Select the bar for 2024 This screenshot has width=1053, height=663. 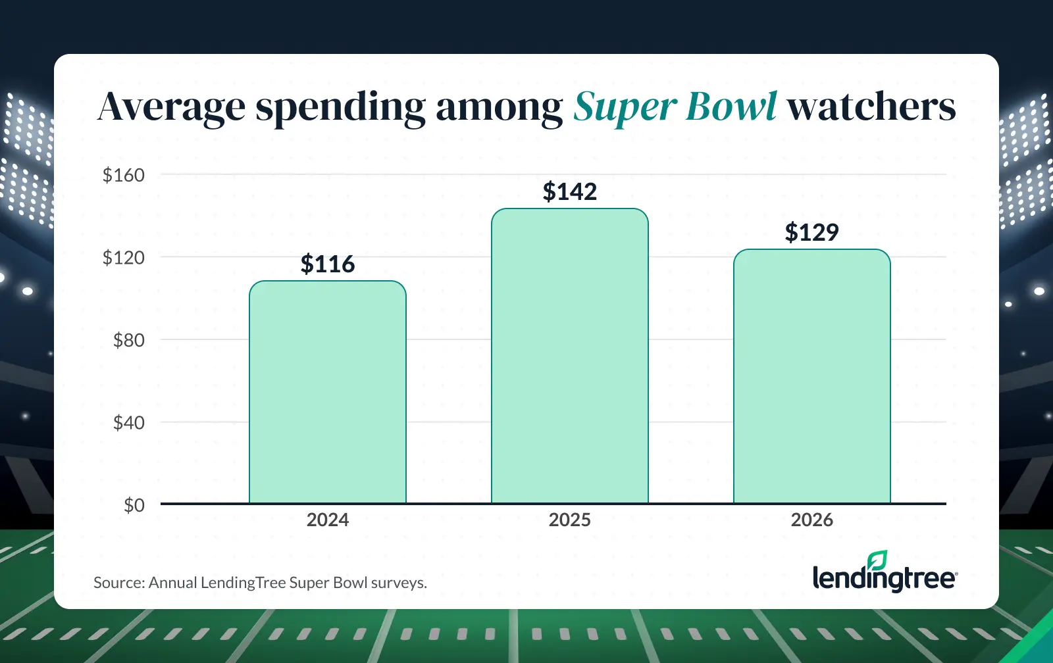point(328,393)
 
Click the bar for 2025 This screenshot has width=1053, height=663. point(570,356)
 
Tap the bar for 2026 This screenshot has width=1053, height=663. point(812,377)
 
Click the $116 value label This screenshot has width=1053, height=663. point(328,264)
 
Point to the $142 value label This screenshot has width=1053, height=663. point(570,191)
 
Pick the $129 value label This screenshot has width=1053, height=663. point(812,232)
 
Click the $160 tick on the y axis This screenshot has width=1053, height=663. point(124,175)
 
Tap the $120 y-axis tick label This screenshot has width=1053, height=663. point(124,257)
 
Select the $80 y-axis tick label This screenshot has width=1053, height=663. point(129,340)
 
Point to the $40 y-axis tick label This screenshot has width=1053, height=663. point(129,422)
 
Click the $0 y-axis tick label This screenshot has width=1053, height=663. point(134,505)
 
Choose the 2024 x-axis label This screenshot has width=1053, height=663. point(328,520)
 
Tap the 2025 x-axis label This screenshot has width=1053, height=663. point(570,520)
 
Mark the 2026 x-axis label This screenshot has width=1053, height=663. point(812,520)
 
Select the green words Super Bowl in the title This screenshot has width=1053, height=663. point(675,107)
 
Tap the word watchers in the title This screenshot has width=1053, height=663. point(871,107)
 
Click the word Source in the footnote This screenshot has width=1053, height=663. point(118,582)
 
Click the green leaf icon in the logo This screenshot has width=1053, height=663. point(877,560)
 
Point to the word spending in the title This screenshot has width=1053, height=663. point(340,107)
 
